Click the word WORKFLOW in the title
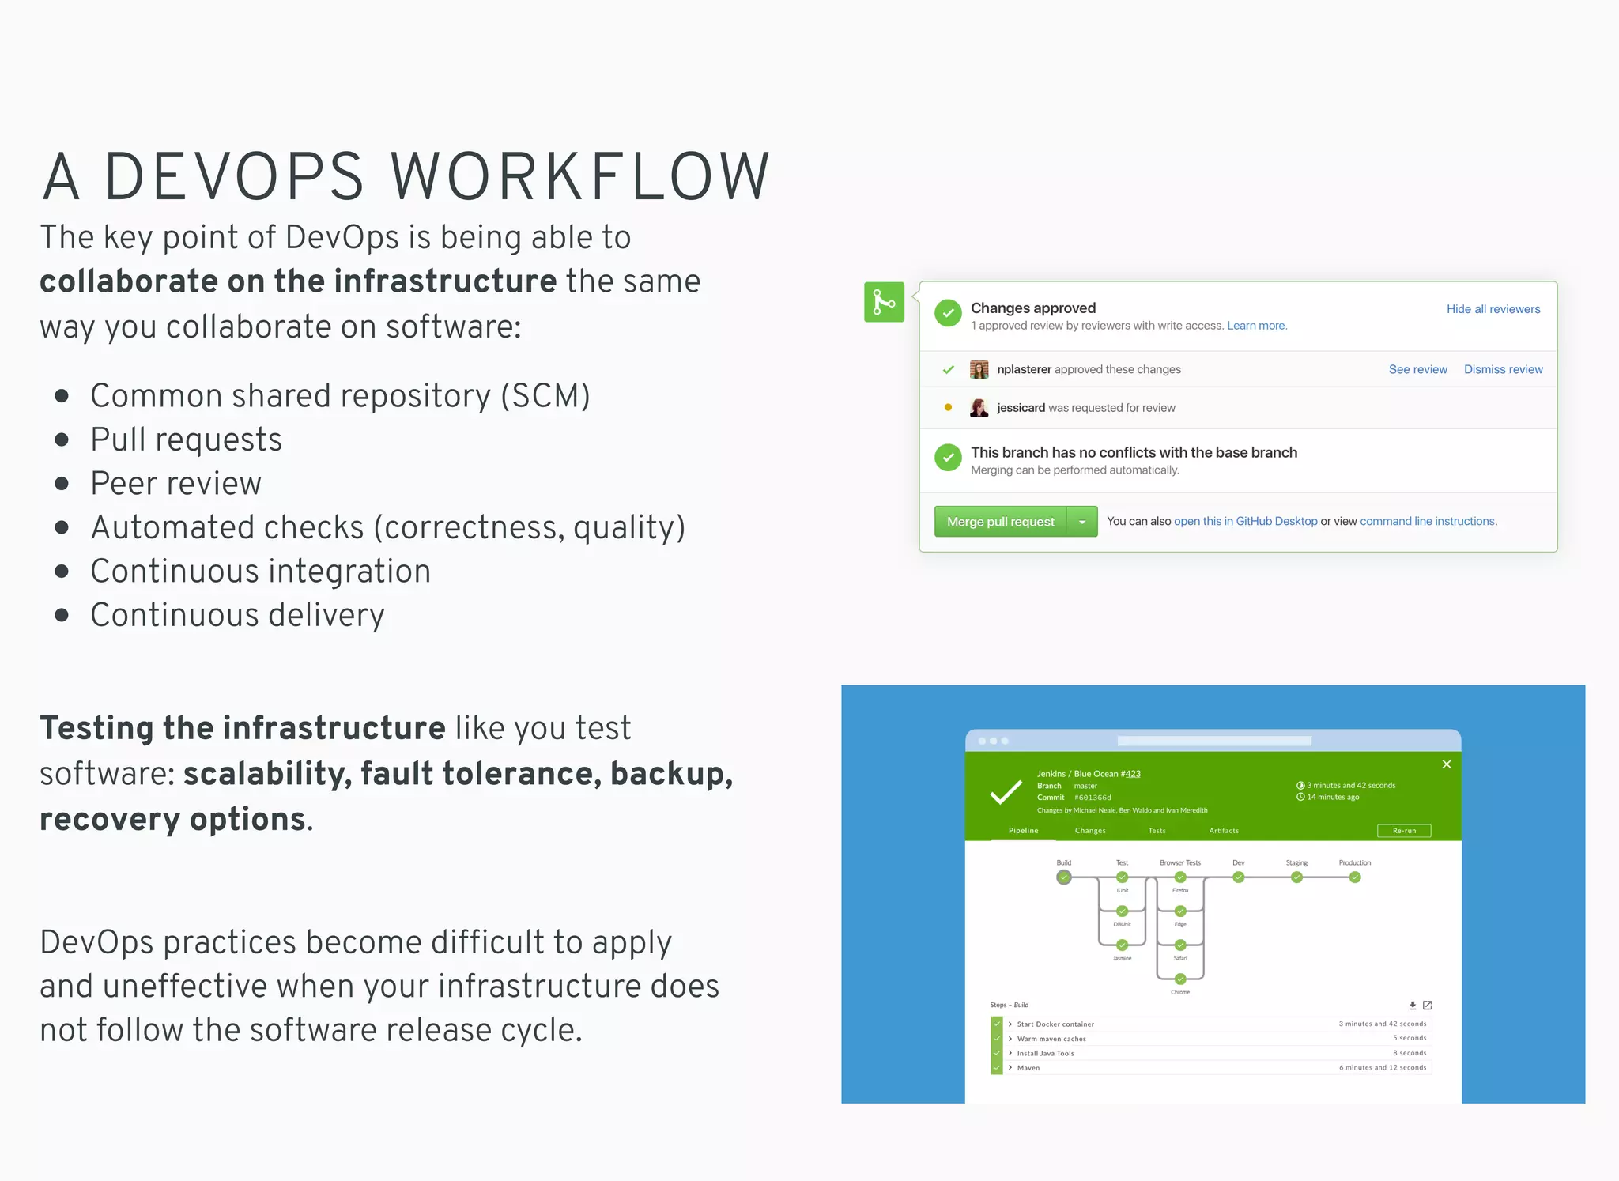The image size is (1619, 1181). [x=579, y=176]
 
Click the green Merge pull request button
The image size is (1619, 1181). [x=1000, y=522]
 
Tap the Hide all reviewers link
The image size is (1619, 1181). [x=1493, y=309]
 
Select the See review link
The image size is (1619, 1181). [x=1417, y=369]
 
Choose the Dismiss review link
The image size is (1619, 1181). [x=1503, y=369]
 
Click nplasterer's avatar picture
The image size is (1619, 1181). [x=979, y=369]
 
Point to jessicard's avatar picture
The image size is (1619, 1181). [x=979, y=408]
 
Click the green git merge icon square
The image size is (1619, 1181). [x=884, y=302]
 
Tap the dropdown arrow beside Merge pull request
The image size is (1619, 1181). [x=1082, y=522]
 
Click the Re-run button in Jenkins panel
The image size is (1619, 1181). [x=1404, y=831]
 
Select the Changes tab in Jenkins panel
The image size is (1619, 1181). [x=1090, y=831]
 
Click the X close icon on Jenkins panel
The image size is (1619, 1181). [x=1447, y=764]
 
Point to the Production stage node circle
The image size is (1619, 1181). [x=1355, y=877]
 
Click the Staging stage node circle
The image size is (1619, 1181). [x=1296, y=877]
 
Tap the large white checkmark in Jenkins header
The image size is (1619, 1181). [x=1006, y=792]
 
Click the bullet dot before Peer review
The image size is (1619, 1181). [x=62, y=484]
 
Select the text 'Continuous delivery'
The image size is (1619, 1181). [x=237, y=615]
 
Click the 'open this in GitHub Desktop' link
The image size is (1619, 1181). [x=1245, y=522]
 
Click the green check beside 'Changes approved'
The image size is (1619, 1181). [x=948, y=313]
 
